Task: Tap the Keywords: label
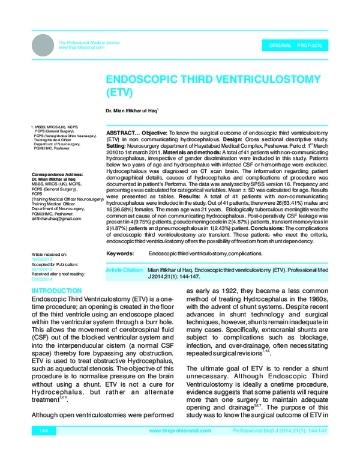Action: click(119, 254)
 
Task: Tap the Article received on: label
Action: click(50, 255)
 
